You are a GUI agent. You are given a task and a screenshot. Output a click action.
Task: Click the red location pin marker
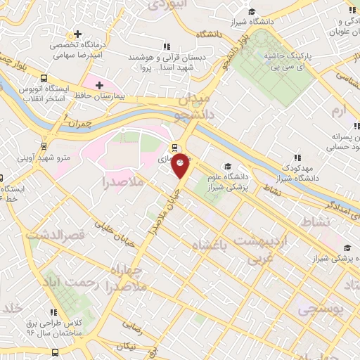pyautogui.click(x=181, y=165)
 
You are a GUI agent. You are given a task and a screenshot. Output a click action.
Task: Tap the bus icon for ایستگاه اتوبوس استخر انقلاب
pyautogui.click(x=44, y=79)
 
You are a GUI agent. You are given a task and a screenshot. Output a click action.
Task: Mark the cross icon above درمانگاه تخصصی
pyautogui.click(x=77, y=34)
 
